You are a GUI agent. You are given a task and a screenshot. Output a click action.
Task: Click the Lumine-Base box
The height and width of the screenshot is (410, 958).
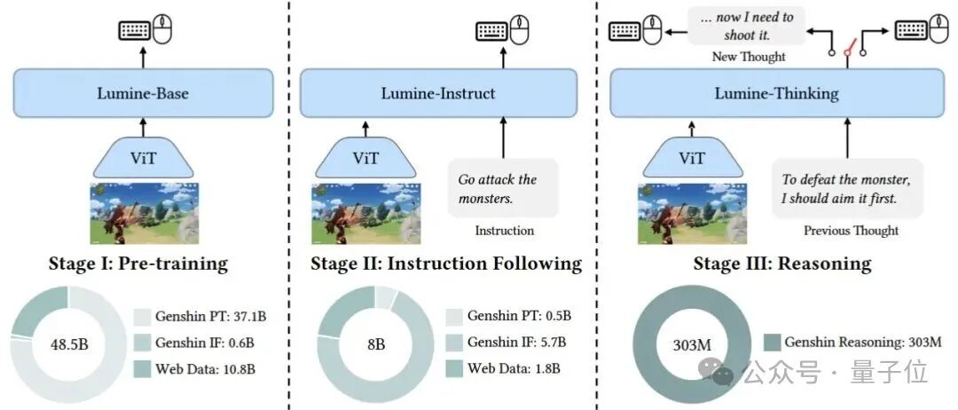[145, 93]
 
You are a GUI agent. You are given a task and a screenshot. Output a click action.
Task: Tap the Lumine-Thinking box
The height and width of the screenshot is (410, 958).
[775, 93]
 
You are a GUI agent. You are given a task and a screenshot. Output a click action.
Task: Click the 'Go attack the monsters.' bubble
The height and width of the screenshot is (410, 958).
[502, 188]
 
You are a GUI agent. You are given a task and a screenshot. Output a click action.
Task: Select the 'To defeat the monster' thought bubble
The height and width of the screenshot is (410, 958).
[845, 188]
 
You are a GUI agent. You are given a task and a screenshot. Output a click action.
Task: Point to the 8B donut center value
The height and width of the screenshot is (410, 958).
[375, 344]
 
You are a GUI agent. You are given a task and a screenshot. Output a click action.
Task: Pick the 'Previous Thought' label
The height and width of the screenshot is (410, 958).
[851, 231]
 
